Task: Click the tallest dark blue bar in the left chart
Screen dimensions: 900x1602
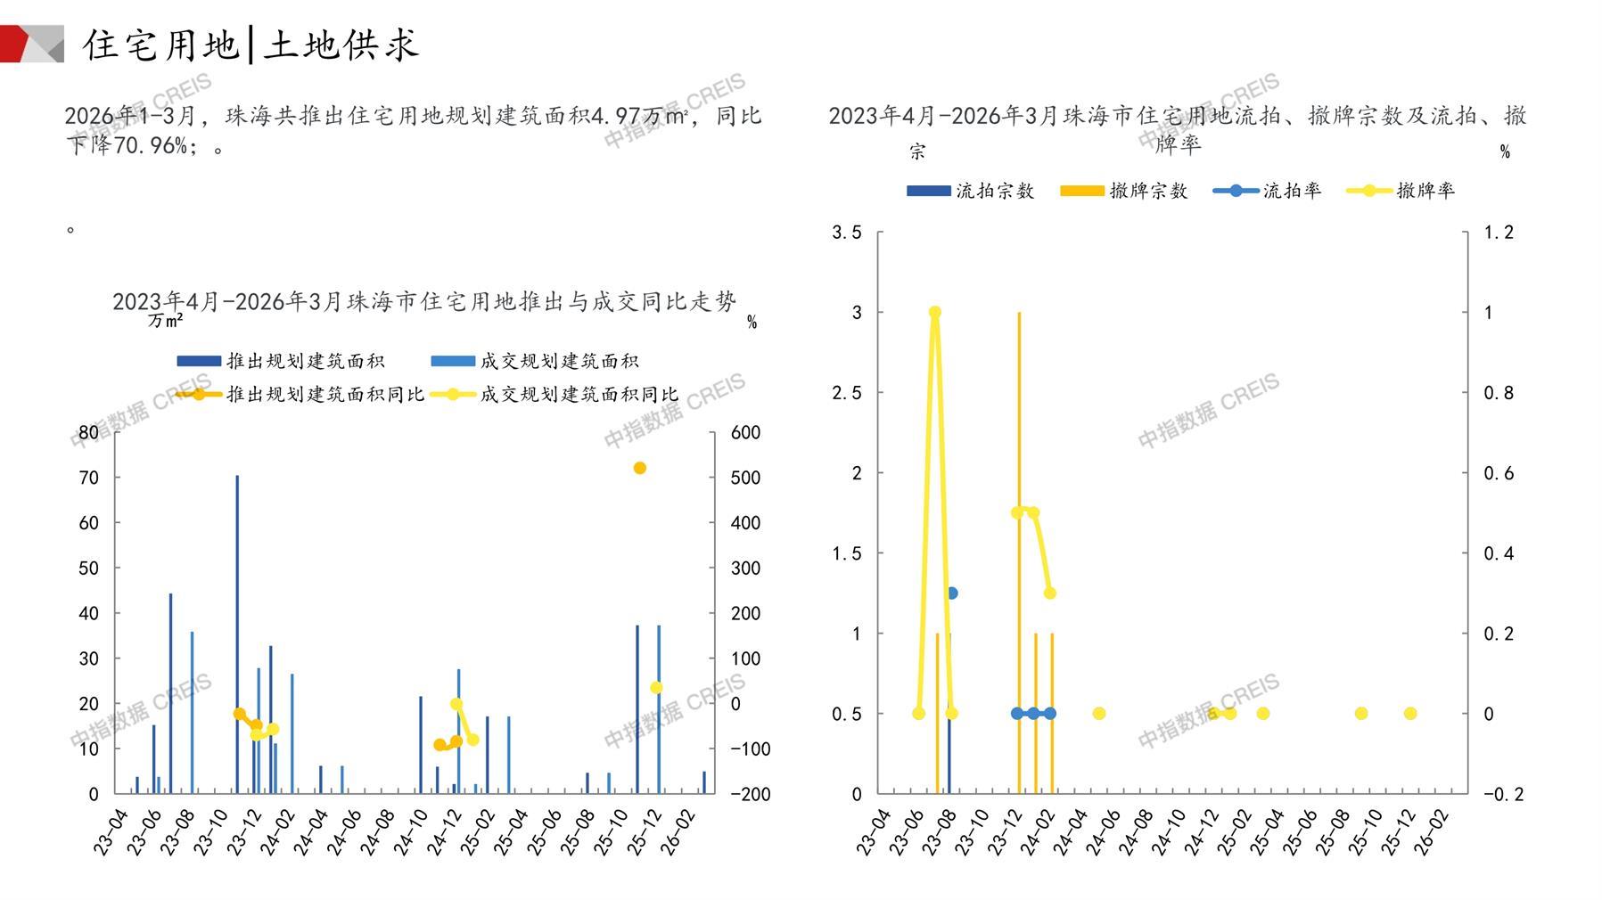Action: click(237, 633)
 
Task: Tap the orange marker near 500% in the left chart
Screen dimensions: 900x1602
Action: click(639, 468)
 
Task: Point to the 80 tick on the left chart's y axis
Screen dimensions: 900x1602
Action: click(88, 432)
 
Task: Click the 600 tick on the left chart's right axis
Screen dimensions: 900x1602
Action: click(745, 432)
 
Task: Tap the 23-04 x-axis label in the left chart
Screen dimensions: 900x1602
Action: click(111, 832)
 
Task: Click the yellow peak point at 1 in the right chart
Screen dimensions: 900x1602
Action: click(935, 313)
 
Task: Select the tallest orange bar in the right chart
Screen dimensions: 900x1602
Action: click(1019, 552)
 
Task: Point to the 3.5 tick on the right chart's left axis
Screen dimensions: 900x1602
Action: click(847, 233)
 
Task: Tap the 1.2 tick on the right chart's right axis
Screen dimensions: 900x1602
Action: click(1499, 233)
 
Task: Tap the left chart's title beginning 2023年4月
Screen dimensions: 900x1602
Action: click(424, 302)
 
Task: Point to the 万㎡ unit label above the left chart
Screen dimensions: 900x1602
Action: click(166, 320)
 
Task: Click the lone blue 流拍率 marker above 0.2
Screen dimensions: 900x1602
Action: click(951, 593)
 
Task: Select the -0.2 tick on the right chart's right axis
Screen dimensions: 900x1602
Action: click(1503, 794)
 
